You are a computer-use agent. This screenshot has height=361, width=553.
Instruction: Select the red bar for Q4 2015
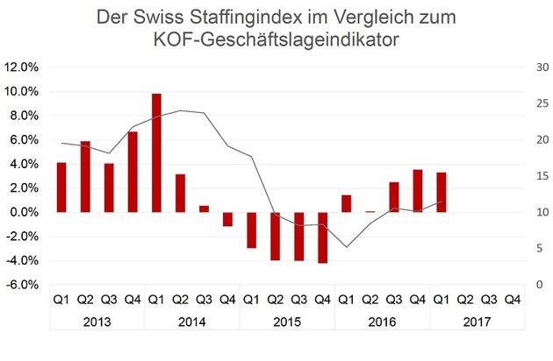[322, 237]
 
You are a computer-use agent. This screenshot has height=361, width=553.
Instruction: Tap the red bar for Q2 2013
[85, 176]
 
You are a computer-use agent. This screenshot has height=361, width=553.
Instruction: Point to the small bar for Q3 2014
[204, 209]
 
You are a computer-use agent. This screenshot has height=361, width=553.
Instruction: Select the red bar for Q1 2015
[251, 230]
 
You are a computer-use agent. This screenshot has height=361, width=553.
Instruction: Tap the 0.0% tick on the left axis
[22, 213]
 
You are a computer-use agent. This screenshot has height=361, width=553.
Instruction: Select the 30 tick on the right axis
[532, 67]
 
